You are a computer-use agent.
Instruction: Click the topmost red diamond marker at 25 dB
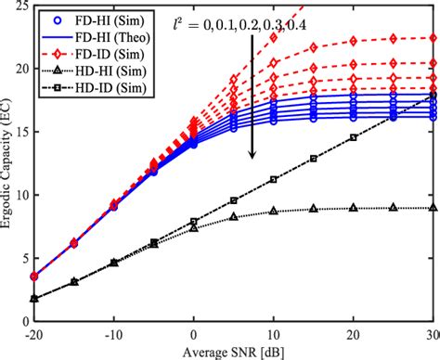tap(394, 38)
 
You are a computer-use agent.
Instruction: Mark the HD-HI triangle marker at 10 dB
tap(274, 211)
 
